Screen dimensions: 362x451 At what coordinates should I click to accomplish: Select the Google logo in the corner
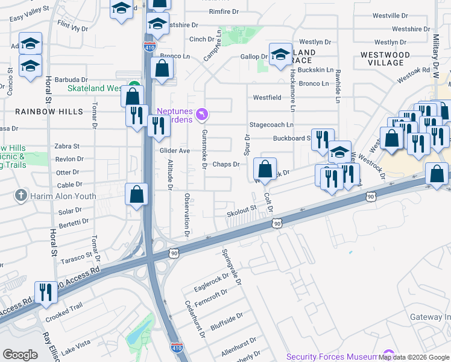[x=20, y=355]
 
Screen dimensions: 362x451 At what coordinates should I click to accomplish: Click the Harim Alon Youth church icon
[x=21, y=195]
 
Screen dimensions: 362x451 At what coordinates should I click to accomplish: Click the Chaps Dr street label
[x=227, y=164]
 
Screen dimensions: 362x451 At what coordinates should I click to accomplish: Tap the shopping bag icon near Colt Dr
[x=265, y=170]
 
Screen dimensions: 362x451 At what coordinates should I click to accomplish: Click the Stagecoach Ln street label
[x=271, y=125]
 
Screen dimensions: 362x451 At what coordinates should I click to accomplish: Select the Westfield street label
[x=266, y=97]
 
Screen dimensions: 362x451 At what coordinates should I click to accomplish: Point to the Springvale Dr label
[x=232, y=267]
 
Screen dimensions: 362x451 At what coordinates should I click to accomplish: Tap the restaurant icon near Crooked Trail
[x=46, y=292]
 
